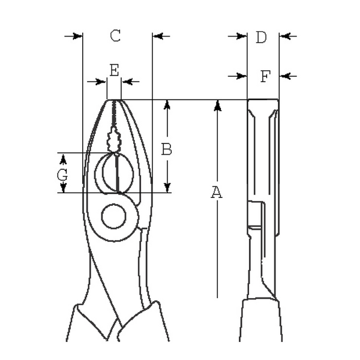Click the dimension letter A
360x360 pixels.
pos(217,193)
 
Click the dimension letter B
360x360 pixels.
pos(167,149)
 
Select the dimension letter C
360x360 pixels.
pos(115,36)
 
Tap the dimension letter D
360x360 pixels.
pos(261,38)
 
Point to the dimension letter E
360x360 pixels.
pos(114,70)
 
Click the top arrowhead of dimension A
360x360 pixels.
pos(217,106)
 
